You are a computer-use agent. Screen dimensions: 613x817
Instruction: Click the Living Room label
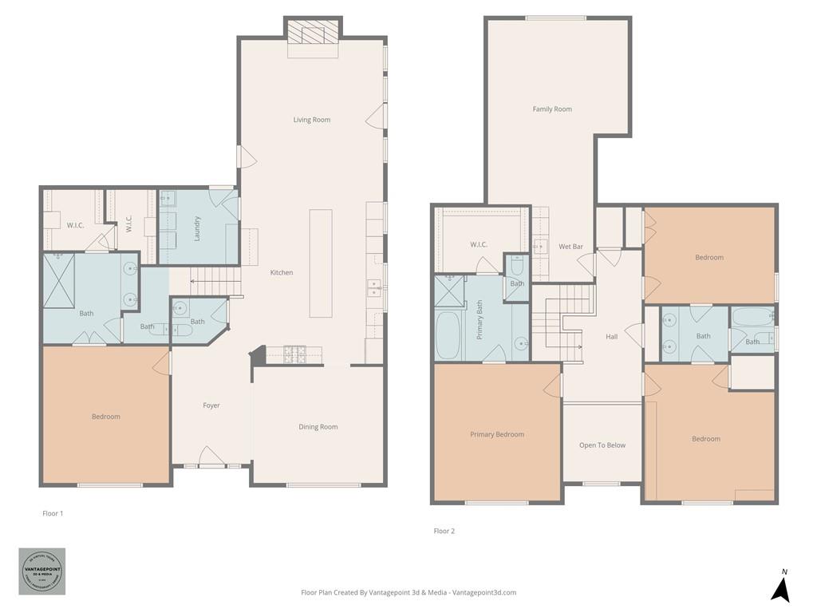[311, 120]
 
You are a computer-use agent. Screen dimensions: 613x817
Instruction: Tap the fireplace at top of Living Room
[312, 34]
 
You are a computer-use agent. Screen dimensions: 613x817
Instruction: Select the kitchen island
[321, 263]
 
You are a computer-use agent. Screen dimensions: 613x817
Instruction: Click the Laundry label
[197, 228]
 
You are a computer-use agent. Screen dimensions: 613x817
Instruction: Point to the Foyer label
[211, 405]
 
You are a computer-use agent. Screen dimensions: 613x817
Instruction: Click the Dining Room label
[318, 427]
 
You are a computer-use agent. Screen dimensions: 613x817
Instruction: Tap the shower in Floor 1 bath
[58, 279]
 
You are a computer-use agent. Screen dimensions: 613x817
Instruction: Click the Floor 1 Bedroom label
[105, 417]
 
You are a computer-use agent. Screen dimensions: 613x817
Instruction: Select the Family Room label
[552, 109]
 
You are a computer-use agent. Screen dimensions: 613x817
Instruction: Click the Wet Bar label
[570, 247]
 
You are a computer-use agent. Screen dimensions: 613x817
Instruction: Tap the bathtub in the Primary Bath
[448, 335]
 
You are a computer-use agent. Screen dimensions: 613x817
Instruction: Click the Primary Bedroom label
[497, 434]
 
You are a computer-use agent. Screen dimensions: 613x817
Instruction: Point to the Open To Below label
[602, 445]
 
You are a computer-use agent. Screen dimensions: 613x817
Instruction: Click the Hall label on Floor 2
[611, 337]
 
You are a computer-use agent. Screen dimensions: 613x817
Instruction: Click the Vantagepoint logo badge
[42, 571]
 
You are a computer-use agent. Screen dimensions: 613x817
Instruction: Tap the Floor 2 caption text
[444, 531]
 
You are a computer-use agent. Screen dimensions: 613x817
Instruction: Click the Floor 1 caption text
[53, 513]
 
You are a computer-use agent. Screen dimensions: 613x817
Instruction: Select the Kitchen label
[281, 273]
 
